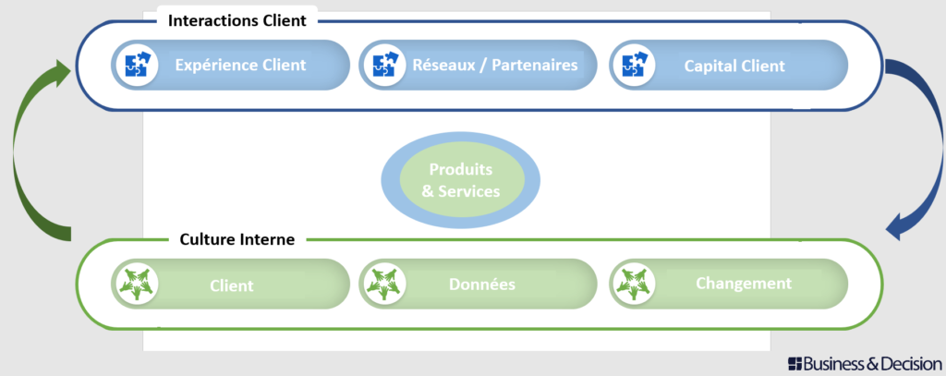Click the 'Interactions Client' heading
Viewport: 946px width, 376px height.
tap(236, 19)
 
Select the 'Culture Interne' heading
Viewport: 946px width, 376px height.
tap(237, 239)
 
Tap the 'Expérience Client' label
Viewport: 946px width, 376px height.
tap(240, 66)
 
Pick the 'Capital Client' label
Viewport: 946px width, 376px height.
tap(734, 66)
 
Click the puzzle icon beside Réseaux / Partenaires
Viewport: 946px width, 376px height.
tap(383, 66)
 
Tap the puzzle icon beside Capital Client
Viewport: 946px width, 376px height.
tap(634, 66)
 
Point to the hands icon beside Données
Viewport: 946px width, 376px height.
tap(383, 285)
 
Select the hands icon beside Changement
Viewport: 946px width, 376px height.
tap(634, 285)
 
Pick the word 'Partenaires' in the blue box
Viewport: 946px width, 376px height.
tap(530, 66)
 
